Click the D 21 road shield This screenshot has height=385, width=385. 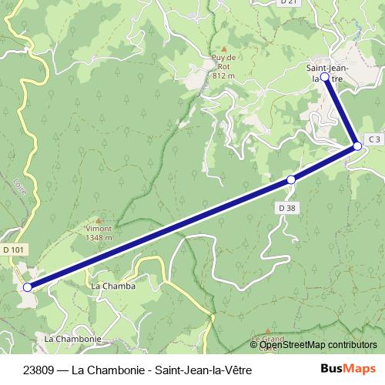[289, 3]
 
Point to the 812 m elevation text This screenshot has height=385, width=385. [223, 76]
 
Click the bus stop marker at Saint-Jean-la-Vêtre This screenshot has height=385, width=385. [325, 78]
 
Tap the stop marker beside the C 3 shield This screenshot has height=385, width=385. [357, 146]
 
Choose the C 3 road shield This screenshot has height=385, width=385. [373, 139]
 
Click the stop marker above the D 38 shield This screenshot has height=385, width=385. [291, 179]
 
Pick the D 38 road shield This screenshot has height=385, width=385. [286, 208]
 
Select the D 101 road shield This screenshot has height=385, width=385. [14, 249]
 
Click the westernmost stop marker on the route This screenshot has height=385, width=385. [28, 287]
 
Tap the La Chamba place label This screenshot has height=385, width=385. [113, 286]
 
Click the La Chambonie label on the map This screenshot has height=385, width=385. [73, 339]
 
